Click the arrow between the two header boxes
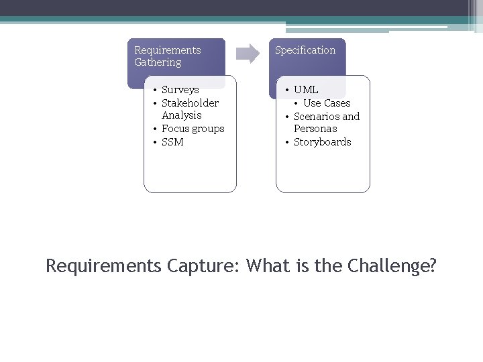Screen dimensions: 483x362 pos(248,54)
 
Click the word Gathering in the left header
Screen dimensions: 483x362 pos(158,62)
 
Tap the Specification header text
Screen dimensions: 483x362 pos(305,50)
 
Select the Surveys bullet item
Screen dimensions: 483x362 pos(180,90)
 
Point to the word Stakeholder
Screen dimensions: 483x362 pos(190,103)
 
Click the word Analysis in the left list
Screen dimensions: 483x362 pos(181,115)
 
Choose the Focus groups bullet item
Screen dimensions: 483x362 pos(193,129)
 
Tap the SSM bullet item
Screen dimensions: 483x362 pos(172,142)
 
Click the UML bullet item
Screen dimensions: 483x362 pos(306,90)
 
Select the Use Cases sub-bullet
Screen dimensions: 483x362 pos(327,103)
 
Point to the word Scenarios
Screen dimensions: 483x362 pos(317,117)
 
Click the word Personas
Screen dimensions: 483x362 pos(315,129)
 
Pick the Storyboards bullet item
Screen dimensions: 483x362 pos(322,142)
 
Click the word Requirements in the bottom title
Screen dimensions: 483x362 pos(103,267)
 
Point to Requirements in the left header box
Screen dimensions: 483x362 pos(167,50)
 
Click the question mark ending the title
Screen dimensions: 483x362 pos(432,266)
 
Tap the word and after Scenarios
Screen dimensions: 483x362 pos(352,117)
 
